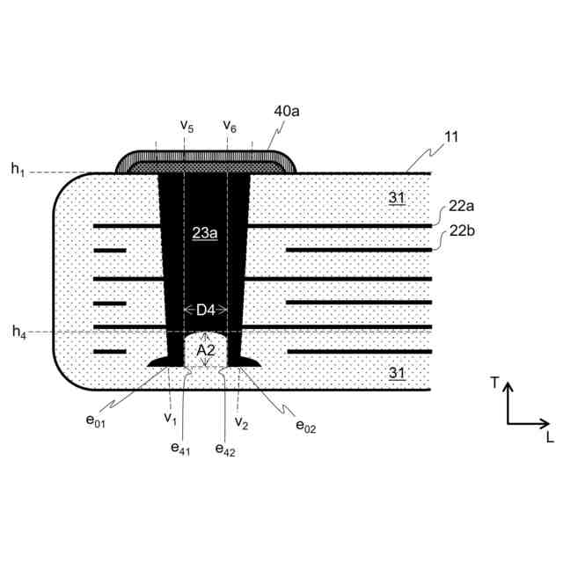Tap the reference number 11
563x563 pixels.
452,137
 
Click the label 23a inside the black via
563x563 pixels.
204,233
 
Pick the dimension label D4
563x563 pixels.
206,310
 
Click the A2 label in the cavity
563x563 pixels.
206,350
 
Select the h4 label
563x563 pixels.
18,332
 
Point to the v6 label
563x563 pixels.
230,126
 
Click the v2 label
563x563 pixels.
242,422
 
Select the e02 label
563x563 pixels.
305,426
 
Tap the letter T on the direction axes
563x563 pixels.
495,382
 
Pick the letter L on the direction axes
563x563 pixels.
549,436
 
